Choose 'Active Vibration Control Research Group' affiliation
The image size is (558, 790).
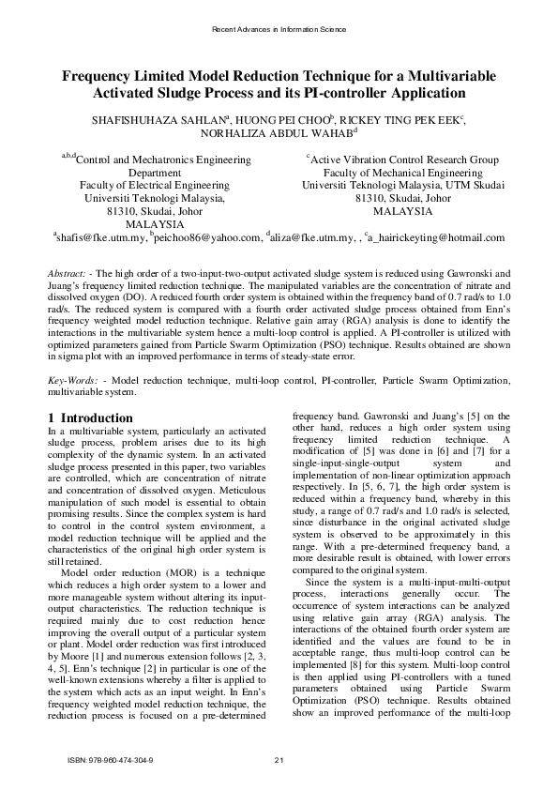point(404,160)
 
